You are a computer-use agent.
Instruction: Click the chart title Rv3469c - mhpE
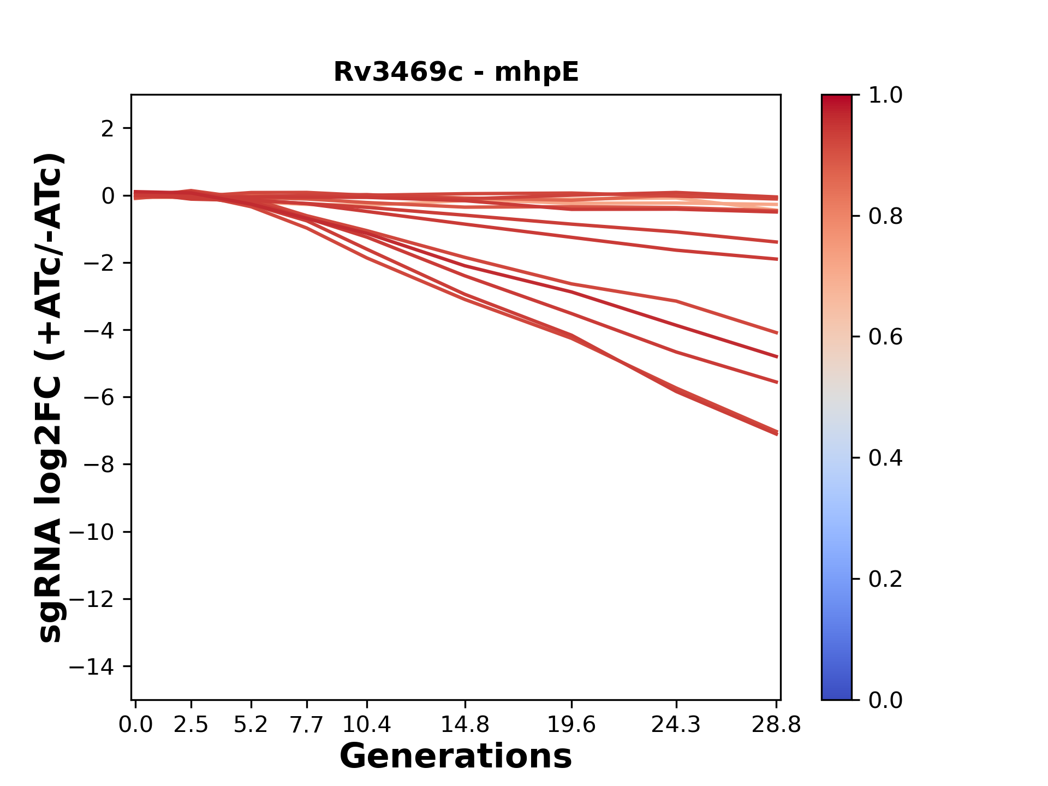click(456, 72)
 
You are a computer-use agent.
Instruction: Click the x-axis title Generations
click(456, 757)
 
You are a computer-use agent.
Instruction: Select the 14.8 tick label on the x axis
click(465, 725)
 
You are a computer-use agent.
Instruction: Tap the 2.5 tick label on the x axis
click(191, 725)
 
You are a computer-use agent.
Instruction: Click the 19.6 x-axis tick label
click(571, 725)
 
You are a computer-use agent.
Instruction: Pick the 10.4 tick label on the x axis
click(366, 725)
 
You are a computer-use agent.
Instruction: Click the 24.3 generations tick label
click(676, 725)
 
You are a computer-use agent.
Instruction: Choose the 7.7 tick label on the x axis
click(307, 725)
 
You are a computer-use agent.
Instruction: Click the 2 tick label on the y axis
click(108, 129)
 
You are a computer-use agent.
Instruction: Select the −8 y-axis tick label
click(99, 465)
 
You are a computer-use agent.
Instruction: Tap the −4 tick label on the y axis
click(99, 330)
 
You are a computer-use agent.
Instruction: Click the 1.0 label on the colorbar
click(885, 96)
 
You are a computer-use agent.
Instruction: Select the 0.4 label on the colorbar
click(885, 458)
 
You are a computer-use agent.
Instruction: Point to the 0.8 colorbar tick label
click(885, 217)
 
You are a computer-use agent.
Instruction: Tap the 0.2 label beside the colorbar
click(885, 579)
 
